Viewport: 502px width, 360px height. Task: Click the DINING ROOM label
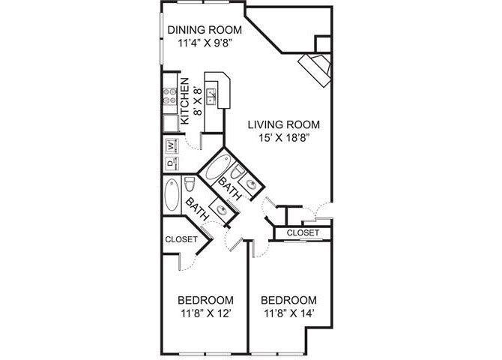pos(205,30)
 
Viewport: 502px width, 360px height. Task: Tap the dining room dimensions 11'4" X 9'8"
pos(205,43)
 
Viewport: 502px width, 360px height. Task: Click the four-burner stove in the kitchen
pos(169,94)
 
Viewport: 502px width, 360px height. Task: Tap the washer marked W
pos(169,145)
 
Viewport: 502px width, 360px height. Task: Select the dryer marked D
pos(169,162)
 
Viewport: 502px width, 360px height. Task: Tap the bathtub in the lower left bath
pos(171,195)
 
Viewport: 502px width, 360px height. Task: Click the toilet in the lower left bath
pos(190,185)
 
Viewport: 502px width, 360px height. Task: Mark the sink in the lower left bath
pos(222,211)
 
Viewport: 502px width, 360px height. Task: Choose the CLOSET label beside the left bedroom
pos(181,240)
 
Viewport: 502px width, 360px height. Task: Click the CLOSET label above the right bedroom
pos(303,233)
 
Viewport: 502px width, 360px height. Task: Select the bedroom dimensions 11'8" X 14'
pos(288,307)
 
